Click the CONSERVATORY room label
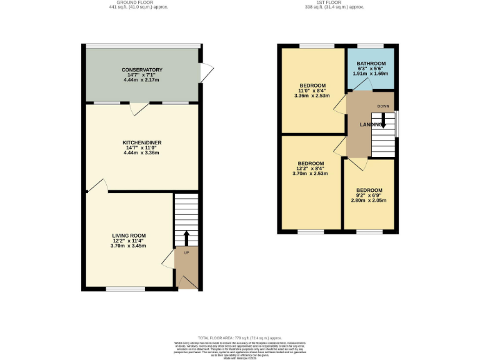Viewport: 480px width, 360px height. [142, 69]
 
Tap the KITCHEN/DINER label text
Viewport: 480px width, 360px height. [142, 143]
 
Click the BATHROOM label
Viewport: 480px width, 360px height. [371, 64]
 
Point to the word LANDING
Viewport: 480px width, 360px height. [371, 125]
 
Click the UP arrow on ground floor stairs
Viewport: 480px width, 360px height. [186, 238]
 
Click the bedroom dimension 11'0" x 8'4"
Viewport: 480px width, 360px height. [312, 91]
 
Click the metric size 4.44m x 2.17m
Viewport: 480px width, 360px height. [142, 81]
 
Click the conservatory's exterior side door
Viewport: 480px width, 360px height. [205, 73]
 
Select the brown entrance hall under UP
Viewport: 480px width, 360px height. [186, 269]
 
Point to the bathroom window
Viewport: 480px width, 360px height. [370, 46]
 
